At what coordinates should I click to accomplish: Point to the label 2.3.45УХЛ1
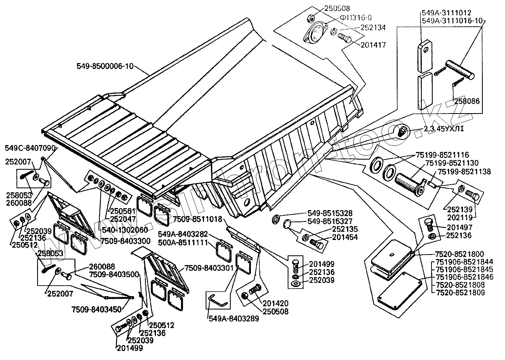443,129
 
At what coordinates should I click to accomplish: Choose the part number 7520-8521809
461,293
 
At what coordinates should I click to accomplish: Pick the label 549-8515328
329,213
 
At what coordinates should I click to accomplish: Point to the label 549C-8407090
29,148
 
